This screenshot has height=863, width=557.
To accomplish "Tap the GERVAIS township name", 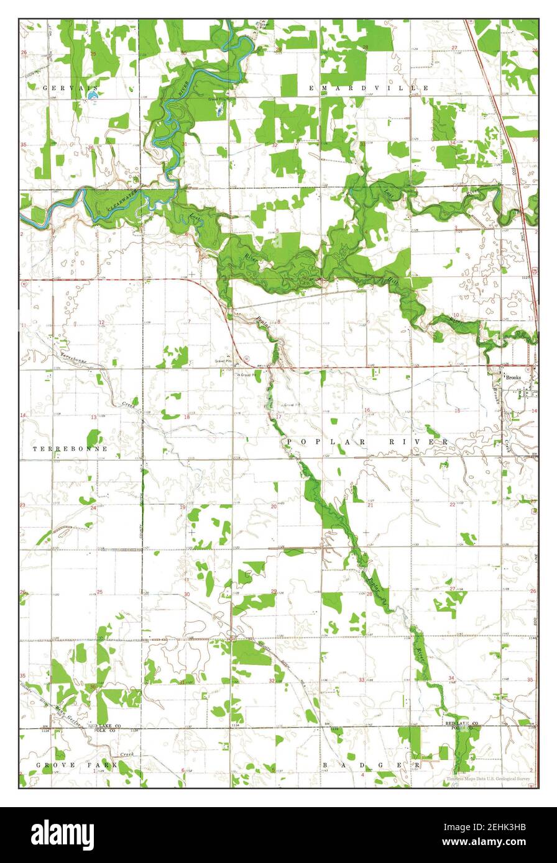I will tap(63, 88).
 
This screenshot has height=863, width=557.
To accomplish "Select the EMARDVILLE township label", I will tap(369, 89).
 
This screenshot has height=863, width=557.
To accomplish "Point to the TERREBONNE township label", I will tap(70, 448).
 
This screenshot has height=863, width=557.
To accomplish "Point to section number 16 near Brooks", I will tap(367, 410).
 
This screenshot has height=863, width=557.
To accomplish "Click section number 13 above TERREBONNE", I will tap(94, 417).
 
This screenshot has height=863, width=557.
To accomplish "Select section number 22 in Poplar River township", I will tap(453, 504).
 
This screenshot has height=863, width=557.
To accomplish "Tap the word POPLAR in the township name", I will tap(315, 441).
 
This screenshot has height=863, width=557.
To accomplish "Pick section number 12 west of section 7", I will tap(101, 322).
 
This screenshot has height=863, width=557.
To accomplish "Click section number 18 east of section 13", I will tap(188, 417).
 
